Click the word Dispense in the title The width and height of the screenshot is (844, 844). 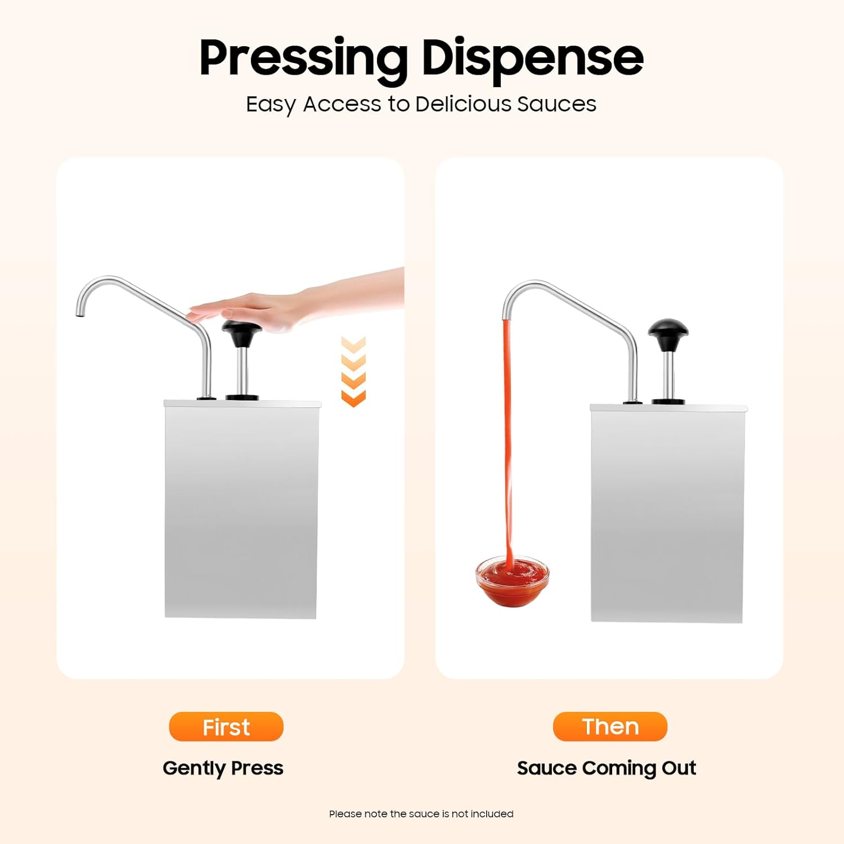pos(532,58)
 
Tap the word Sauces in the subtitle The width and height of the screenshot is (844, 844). pos(556,104)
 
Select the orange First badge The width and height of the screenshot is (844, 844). pos(226,726)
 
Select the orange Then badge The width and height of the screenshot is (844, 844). pos(610,726)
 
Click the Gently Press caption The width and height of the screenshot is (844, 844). pos(223,768)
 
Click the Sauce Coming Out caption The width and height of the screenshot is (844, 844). pos(607,768)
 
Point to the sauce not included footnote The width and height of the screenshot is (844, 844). pos(421,814)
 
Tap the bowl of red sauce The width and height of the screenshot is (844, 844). pos(512,582)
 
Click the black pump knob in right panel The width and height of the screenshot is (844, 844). pos(668,332)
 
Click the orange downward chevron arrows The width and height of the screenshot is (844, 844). pos(353,371)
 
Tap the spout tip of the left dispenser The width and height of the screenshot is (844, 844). pos(80,313)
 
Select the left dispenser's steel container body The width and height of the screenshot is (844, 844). pos(241,509)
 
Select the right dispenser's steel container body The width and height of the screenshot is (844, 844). pos(667,513)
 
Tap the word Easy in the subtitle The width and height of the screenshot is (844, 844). pos(271,105)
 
